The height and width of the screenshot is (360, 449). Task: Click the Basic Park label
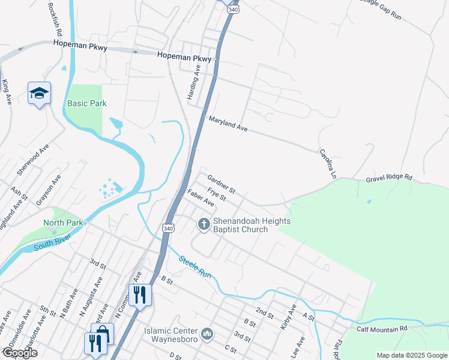[x=87, y=103]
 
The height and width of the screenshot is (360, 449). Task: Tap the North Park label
[x=62, y=223]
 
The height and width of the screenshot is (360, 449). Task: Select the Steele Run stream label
[x=195, y=266]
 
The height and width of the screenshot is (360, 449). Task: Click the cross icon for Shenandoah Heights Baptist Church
[x=203, y=224]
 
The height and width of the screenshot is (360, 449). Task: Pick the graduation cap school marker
[x=39, y=93]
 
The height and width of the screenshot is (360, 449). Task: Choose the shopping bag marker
[x=103, y=332]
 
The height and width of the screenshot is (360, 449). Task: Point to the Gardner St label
[x=221, y=184]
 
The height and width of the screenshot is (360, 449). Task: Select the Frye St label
[x=216, y=194]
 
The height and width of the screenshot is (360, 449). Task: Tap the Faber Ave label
[x=200, y=198]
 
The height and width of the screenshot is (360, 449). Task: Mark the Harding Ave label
[x=196, y=77]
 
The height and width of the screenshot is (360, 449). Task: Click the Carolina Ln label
[x=326, y=163]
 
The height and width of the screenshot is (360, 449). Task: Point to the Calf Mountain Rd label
[x=382, y=329]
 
